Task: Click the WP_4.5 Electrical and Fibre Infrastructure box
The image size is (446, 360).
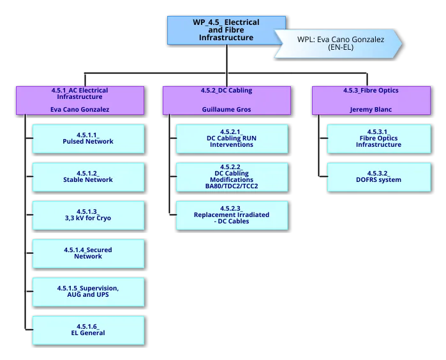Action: coord(225,31)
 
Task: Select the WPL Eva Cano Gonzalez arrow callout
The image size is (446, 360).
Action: coord(340,43)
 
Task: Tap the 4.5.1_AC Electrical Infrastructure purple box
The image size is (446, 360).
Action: coord(80,100)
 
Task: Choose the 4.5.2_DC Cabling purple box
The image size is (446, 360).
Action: coord(225,100)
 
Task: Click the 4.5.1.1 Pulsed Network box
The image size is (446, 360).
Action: coord(88,139)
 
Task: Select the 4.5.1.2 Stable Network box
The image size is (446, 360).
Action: coord(88,177)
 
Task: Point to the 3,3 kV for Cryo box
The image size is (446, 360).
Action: coord(88,215)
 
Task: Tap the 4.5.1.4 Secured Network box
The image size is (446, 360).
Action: coord(88,253)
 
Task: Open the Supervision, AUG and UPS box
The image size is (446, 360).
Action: coord(88,292)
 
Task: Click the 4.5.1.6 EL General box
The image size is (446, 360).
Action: coord(88,330)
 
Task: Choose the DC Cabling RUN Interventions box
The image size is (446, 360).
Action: coord(231,139)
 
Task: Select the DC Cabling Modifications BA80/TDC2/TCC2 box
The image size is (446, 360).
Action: coord(231,177)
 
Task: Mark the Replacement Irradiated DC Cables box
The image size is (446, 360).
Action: coord(231,215)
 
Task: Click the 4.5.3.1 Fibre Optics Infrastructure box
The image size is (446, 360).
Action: coord(378,139)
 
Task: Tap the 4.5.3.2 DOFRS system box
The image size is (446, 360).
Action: coord(378,177)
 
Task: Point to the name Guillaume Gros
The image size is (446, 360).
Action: coord(225,110)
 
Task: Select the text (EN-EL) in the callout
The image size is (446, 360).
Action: coord(339,48)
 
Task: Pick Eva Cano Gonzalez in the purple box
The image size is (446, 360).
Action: coord(80,110)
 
